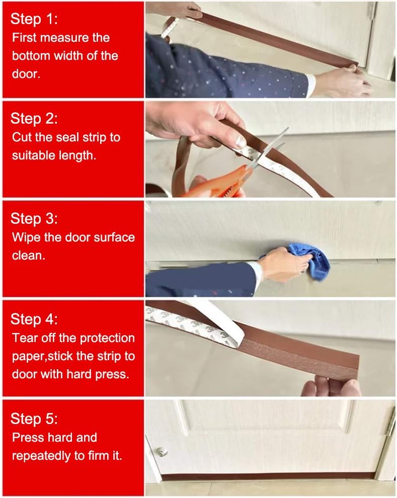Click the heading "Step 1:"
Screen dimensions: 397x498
(34, 19)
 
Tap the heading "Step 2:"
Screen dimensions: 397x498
(34, 118)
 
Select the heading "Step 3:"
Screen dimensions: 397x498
(34, 218)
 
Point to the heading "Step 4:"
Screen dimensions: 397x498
(34, 319)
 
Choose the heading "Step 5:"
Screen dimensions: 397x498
(34, 419)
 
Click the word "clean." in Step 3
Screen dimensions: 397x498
(29, 256)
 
